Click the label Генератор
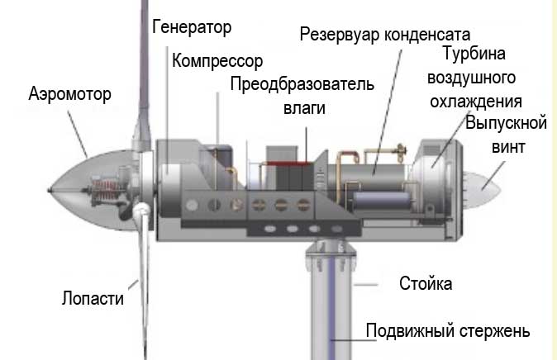193,27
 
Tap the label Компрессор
217,61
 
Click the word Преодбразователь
302,85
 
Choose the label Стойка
425,285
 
